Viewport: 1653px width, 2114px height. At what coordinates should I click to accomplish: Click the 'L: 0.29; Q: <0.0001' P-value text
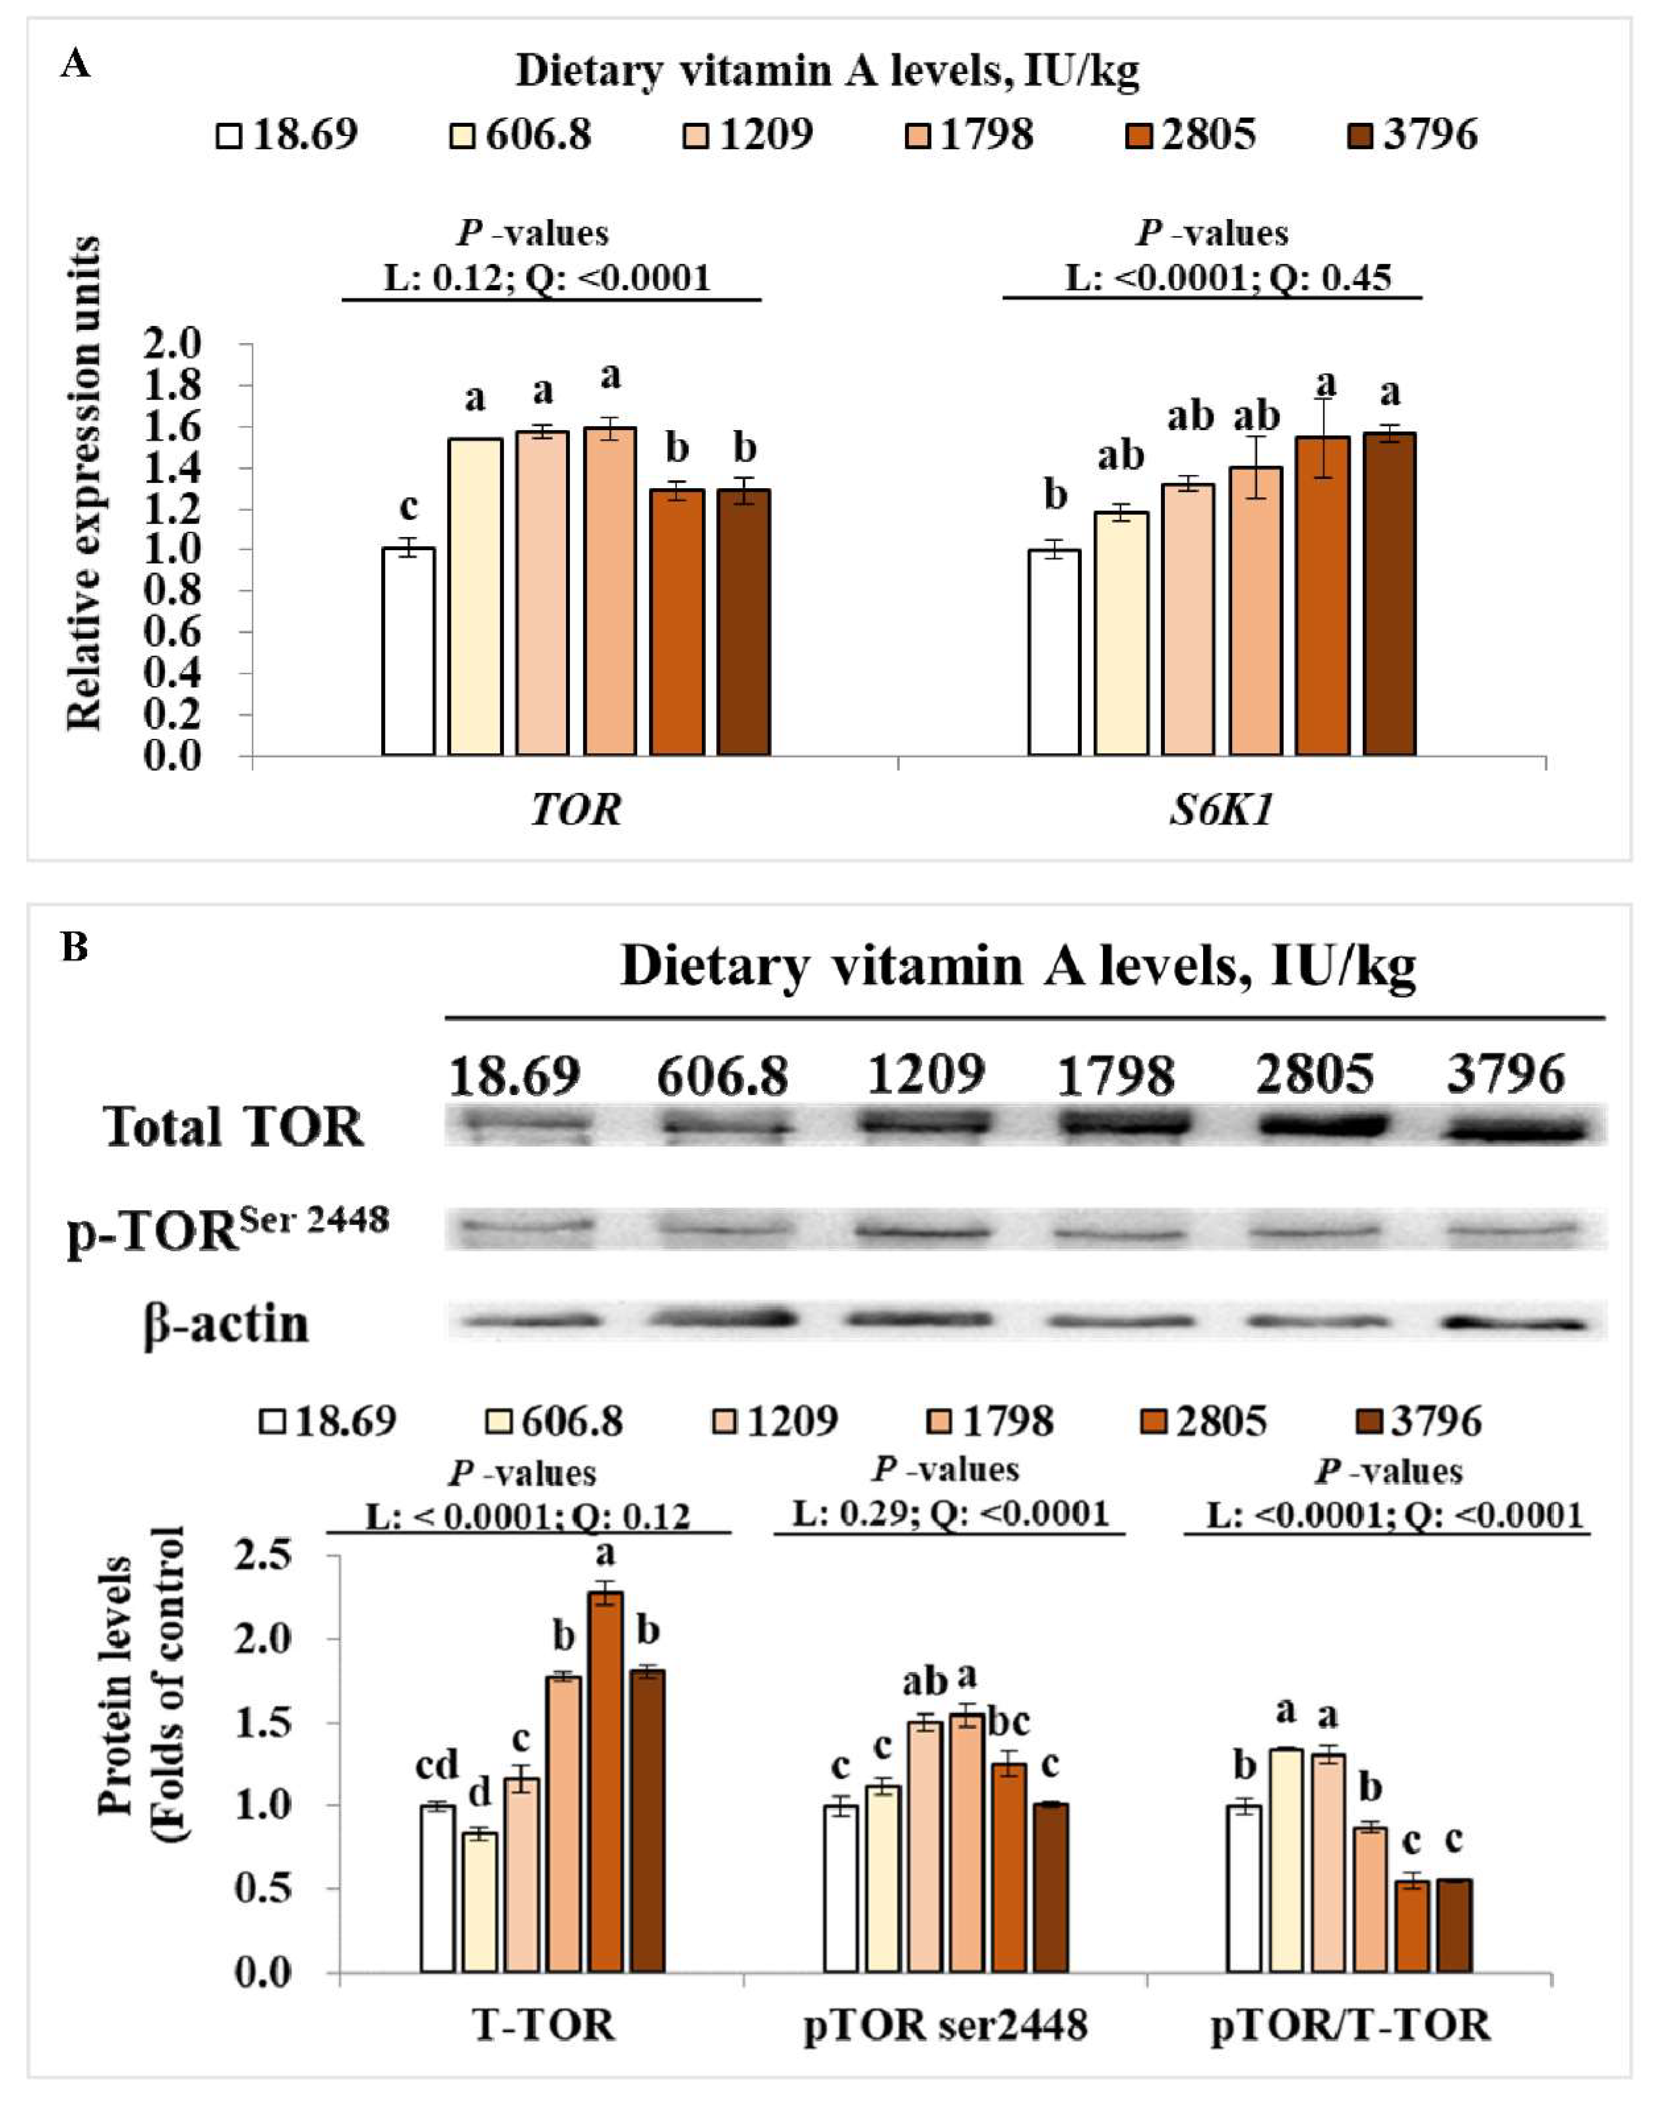pos(951,1512)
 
